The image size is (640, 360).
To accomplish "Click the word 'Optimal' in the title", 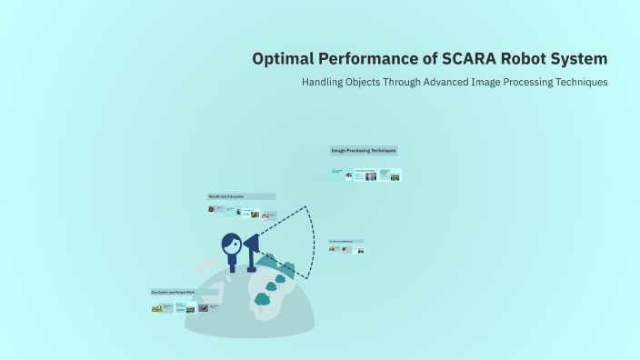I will (x=283, y=59).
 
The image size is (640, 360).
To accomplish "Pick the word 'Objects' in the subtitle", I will (x=375, y=82).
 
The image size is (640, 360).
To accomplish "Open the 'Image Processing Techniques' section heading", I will (x=364, y=150).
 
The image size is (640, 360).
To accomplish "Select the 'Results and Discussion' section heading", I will (x=241, y=196).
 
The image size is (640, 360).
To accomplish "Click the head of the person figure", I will (x=231, y=244).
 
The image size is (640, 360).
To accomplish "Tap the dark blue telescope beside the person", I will (x=250, y=245).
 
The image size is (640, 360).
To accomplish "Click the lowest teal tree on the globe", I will (x=263, y=299).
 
